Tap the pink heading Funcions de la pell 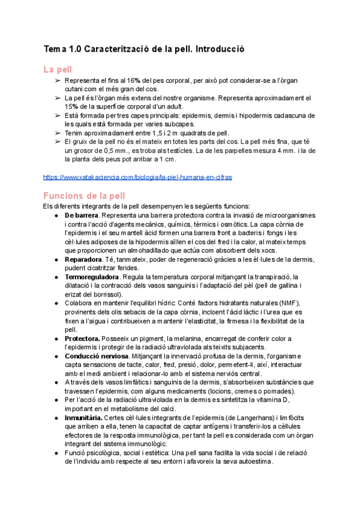85,195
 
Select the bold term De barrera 82,215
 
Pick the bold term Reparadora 83,259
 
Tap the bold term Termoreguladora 92,277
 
